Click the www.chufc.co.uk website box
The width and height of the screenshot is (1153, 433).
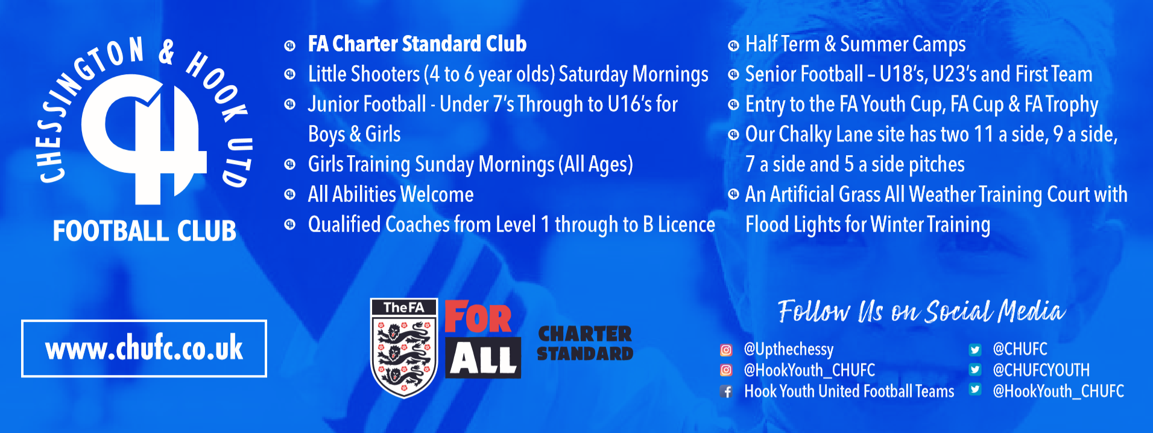(x=144, y=348)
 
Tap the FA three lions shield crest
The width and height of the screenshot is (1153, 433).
(x=404, y=348)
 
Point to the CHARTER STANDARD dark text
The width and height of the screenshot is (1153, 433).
(x=585, y=343)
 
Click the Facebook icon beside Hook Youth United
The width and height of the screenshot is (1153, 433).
(x=727, y=391)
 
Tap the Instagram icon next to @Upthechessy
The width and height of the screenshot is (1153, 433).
(x=726, y=350)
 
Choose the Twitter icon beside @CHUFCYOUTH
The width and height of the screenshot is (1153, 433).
(x=975, y=370)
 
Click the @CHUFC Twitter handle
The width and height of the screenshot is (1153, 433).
(x=1020, y=349)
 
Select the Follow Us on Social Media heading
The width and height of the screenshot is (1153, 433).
(x=921, y=311)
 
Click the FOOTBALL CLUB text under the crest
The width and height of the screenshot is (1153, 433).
(x=145, y=231)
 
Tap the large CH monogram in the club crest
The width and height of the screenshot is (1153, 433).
(x=145, y=139)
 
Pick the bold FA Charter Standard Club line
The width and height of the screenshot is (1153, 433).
(x=417, y=43)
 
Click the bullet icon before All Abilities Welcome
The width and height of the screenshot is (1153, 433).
(x=290, y=194)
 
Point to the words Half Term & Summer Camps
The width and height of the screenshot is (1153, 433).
(x=856, y=44)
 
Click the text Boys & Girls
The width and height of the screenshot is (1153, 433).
(x=355, y=134)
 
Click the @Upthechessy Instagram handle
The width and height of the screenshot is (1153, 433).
(x=789, y=350)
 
